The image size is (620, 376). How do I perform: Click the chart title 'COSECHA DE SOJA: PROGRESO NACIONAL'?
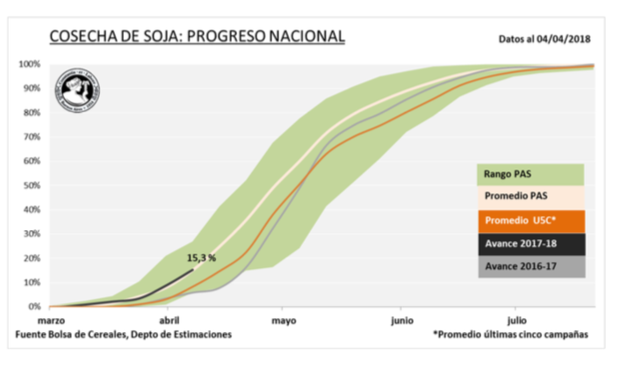[197, 36]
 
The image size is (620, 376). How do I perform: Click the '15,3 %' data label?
[201, 258]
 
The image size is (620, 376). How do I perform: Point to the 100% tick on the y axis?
[30, 64]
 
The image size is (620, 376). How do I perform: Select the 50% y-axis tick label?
[32, 185]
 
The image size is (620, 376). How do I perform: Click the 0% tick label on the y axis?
[34, 307]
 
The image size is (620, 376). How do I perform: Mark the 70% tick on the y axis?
[32, 137]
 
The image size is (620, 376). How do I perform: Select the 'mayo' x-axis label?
[283, 322]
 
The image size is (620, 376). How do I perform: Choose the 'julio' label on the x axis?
[516, 322]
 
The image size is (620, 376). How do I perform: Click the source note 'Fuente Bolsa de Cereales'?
[124, 335]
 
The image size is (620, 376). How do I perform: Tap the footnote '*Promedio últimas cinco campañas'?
[513, 335]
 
